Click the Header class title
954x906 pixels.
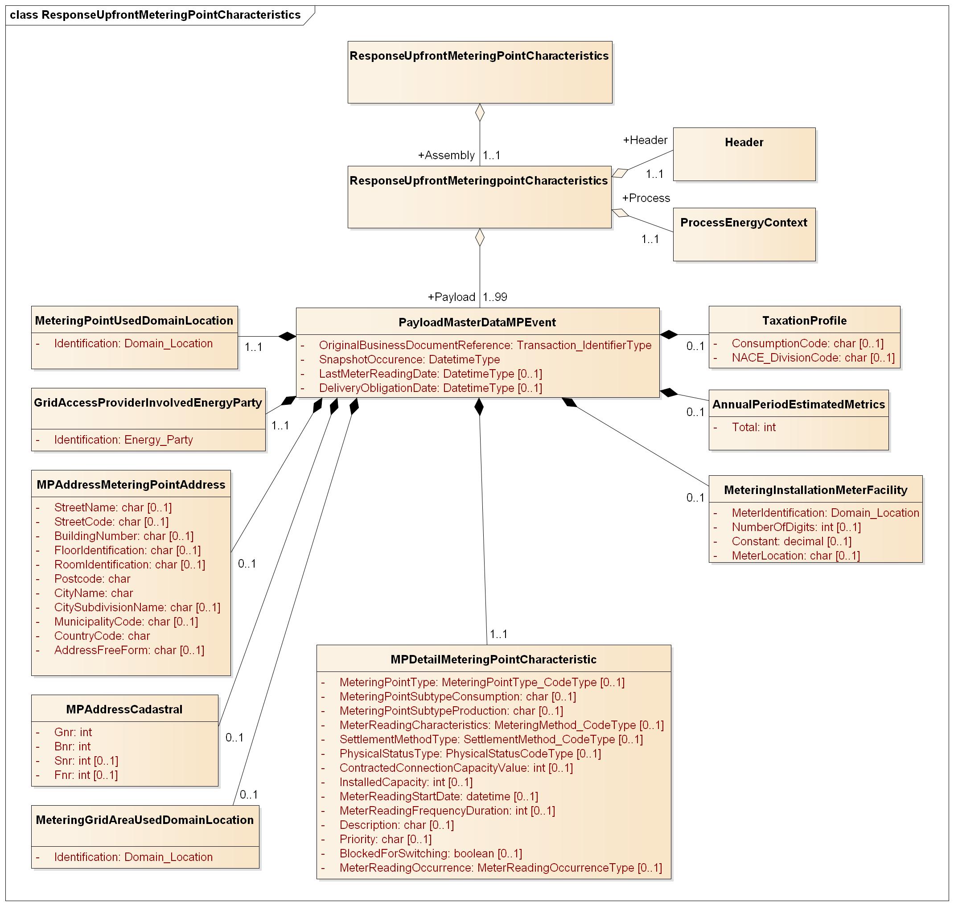744,143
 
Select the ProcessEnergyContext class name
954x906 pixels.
744,222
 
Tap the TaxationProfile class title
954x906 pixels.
804,321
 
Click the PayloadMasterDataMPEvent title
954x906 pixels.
477,323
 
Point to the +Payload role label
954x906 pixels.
452,297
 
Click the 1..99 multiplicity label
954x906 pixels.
495,297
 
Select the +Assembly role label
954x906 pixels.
446,156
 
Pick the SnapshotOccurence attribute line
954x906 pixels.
409,360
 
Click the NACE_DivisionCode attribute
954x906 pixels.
813,358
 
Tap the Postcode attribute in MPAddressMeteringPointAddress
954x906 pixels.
92,579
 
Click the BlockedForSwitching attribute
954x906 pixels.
431,853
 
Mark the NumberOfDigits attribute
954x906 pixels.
796,527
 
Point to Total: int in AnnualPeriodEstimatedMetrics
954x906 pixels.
754,428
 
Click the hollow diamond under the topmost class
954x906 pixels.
479,112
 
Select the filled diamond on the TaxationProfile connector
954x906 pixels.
669,334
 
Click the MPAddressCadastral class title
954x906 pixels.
124,709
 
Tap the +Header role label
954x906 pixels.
645,140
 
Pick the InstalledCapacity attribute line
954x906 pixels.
406,782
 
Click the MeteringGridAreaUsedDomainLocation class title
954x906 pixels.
144,820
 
